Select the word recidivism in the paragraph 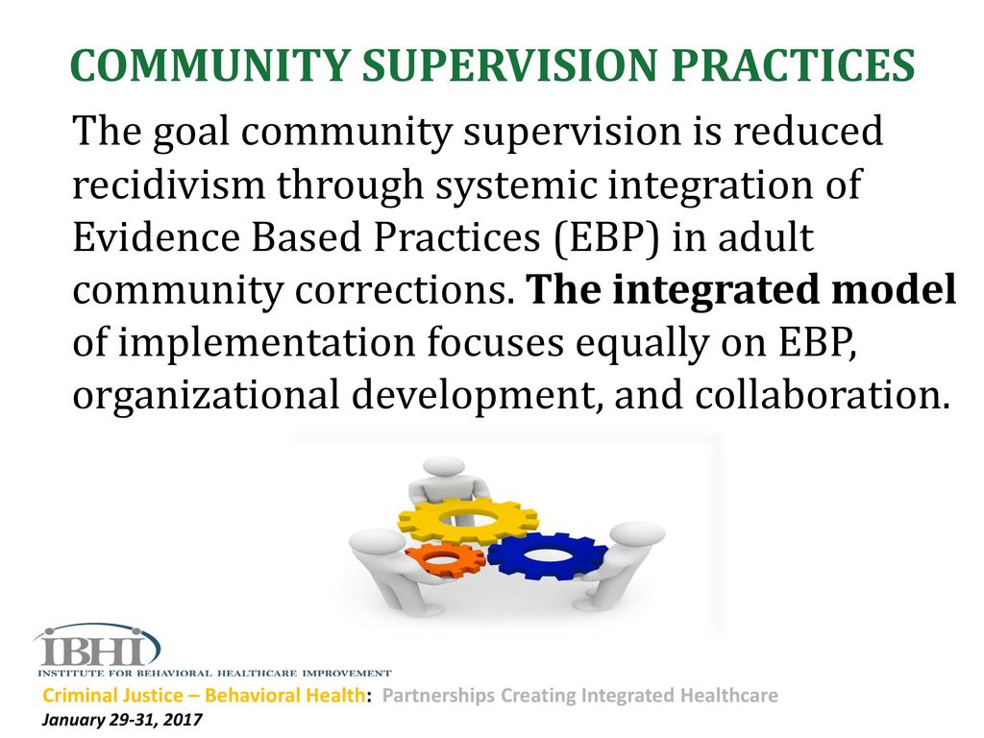(x=169, y=184)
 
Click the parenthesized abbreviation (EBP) (x=607, y=238)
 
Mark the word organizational (x=207, y=396)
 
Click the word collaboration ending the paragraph (x=823, y=396)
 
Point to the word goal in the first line (x=191, y=133)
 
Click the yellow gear (x=468, y=520)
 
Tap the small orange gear (x=444, y=560)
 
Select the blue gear (x=548, y=556)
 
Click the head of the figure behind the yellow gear (x=444, y=467)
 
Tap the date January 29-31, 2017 (x=122, y=720)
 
